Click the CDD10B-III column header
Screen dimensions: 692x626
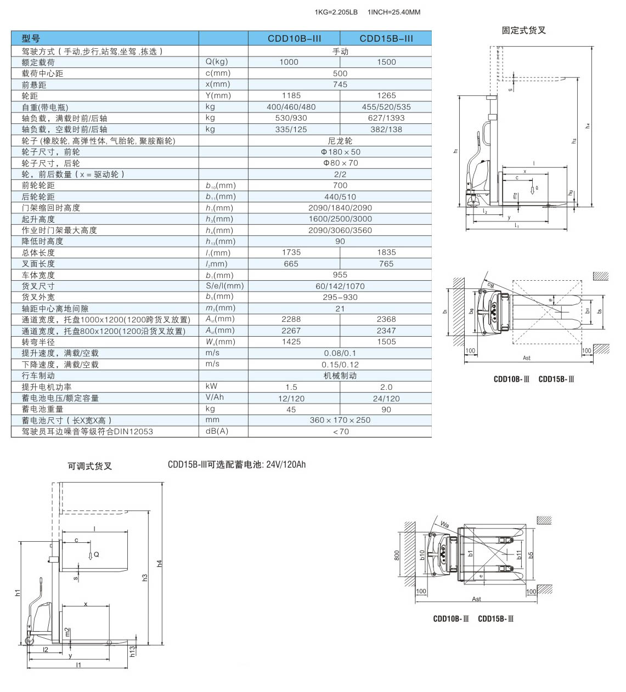(x=294, y=38)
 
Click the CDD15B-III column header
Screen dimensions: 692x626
(x=386, y=38)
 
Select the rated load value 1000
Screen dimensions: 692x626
(x=289, y=62)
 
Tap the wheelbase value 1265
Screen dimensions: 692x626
(x=386, y=95)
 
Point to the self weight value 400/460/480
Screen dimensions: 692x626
(x=291, y=107)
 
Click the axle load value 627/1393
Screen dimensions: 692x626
(x=386, y=118)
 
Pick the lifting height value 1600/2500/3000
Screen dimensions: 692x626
(x=340, y=219)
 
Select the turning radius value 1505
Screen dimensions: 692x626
(x=386, y=342)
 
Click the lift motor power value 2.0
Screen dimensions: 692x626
(x=386, y=387)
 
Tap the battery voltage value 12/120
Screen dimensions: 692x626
(x=291, y=399)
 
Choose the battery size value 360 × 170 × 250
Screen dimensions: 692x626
(x=340, y=420)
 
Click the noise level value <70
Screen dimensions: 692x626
(x=340, y=432)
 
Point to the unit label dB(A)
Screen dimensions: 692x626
(x=217, y=431)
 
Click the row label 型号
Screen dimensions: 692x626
(x=31, y=38)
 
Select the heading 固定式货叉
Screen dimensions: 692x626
(x=523, y=30)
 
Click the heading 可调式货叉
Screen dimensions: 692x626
(x=89, y=466)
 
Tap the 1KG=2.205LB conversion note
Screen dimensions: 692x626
(x=336, y=12)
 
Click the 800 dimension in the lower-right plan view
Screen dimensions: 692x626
(x=397, y=555)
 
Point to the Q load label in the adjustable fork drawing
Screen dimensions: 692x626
(x=97, y=554)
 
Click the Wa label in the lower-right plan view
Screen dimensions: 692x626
(x=444, y=525)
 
